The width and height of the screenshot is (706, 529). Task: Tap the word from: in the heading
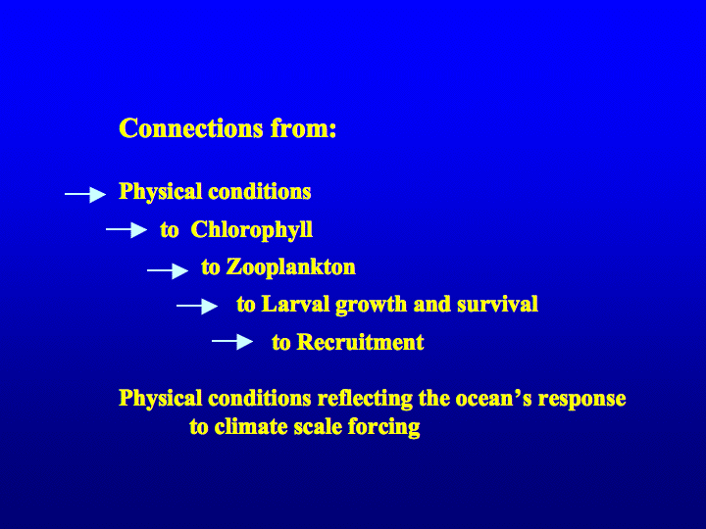coord(303,128)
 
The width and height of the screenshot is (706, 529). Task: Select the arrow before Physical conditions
coord(85,194)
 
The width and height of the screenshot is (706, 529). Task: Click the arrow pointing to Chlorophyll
coord(126,229)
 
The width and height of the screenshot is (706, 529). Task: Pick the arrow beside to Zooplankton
coord(168,270)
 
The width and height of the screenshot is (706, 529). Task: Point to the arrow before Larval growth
coord(197,306)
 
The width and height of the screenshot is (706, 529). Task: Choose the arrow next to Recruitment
coord(232,342)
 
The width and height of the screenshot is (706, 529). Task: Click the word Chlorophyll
coord(252,230)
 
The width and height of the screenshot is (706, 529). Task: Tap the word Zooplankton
coord(291,267)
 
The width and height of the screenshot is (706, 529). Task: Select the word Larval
coord(296,304)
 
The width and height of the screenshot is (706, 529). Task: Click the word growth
coord(371,306)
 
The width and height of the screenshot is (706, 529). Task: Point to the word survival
coord(497,304)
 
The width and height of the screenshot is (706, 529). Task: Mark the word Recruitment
coord(361,342)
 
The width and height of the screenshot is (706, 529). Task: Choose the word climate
coord(251,427)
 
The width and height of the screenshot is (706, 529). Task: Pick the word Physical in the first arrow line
coord(160,192)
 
